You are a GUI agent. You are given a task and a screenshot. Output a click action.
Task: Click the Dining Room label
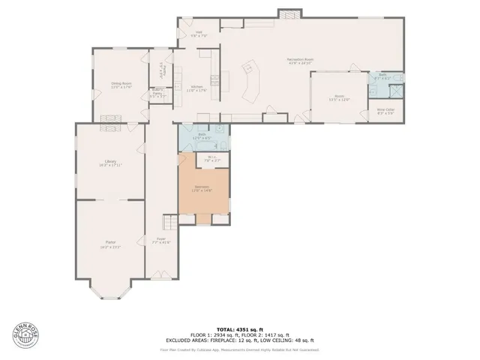121,86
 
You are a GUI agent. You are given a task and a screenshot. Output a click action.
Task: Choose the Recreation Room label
299,61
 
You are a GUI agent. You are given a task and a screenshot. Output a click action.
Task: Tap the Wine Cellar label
385,111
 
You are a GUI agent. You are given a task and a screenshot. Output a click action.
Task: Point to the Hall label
199,34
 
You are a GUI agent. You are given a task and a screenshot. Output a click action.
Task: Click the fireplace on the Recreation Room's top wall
288,14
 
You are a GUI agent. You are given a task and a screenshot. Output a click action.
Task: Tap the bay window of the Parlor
109,288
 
